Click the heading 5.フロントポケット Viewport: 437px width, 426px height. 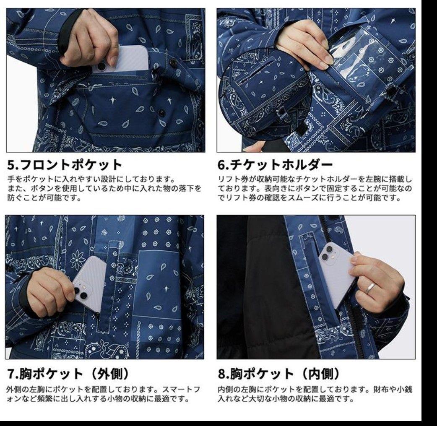(x=65, y=165)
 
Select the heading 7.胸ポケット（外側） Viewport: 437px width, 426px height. (x=68, y=372)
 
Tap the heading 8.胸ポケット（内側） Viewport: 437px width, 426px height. (x=278, y=372)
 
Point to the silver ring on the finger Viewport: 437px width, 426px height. (x=371, y=288)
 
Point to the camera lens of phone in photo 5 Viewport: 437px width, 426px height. (x=102, y=66)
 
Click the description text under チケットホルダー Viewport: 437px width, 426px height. (x=315, y=188)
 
